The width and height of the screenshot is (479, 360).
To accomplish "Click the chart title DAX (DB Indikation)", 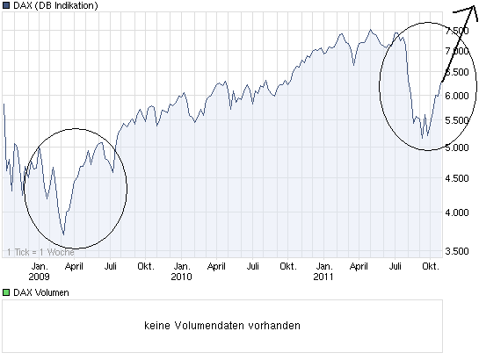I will (x=54, y=6).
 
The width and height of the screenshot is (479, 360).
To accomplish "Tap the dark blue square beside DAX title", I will (x=6, y=6).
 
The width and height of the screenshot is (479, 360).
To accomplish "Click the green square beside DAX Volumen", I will (x=6, y=292).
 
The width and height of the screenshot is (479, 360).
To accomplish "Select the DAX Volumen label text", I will (x=40, y=292).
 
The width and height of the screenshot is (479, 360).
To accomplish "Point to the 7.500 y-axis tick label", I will (x=458, y=30).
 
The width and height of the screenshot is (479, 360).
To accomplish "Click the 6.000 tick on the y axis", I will (x=458, y=97).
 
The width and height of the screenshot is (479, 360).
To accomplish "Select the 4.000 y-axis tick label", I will (x=458, y=212).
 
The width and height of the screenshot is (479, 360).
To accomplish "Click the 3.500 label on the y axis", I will (x=458, y=251).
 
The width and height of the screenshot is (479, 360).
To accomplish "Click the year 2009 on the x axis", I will (x=39, y=277).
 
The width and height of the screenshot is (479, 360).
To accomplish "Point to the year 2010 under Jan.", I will (x=181, y=277).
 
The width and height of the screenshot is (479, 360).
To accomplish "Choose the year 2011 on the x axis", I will (x=323, y=277).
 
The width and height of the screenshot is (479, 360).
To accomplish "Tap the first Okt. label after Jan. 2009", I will (x=147, y=265).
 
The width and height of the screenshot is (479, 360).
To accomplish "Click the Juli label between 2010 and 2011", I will (x=252, y=265).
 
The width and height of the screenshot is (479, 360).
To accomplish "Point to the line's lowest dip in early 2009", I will (x=63, y=234).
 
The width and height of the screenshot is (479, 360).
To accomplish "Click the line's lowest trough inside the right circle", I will (x=424, y=138).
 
